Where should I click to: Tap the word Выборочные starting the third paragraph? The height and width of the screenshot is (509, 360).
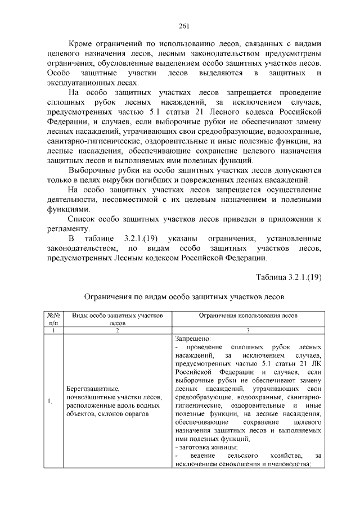click(91, 170)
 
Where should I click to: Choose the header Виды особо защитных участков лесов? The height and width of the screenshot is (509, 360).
click(118, 319)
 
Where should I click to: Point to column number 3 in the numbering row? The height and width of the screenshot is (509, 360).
click(248, 331)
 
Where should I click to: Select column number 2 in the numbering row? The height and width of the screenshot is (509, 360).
click(118, 331)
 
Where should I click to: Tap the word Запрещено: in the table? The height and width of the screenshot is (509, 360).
click(193, 339)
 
